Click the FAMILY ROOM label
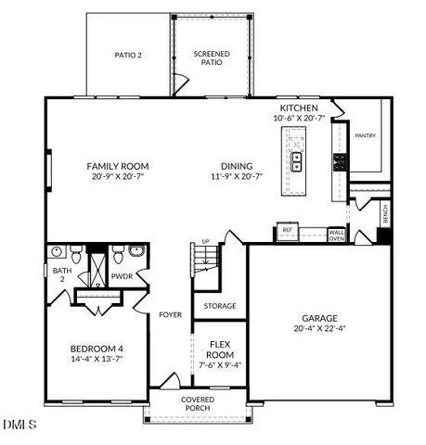[118, 167]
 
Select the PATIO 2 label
[128, 56]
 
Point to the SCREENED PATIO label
[212, 57]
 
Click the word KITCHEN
[299, 108]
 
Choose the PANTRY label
[365, 135]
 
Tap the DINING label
[236, 167]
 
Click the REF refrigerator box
[288, 229]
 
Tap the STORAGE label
[219, 306]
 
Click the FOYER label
[170, 314]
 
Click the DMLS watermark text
[19, 426]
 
